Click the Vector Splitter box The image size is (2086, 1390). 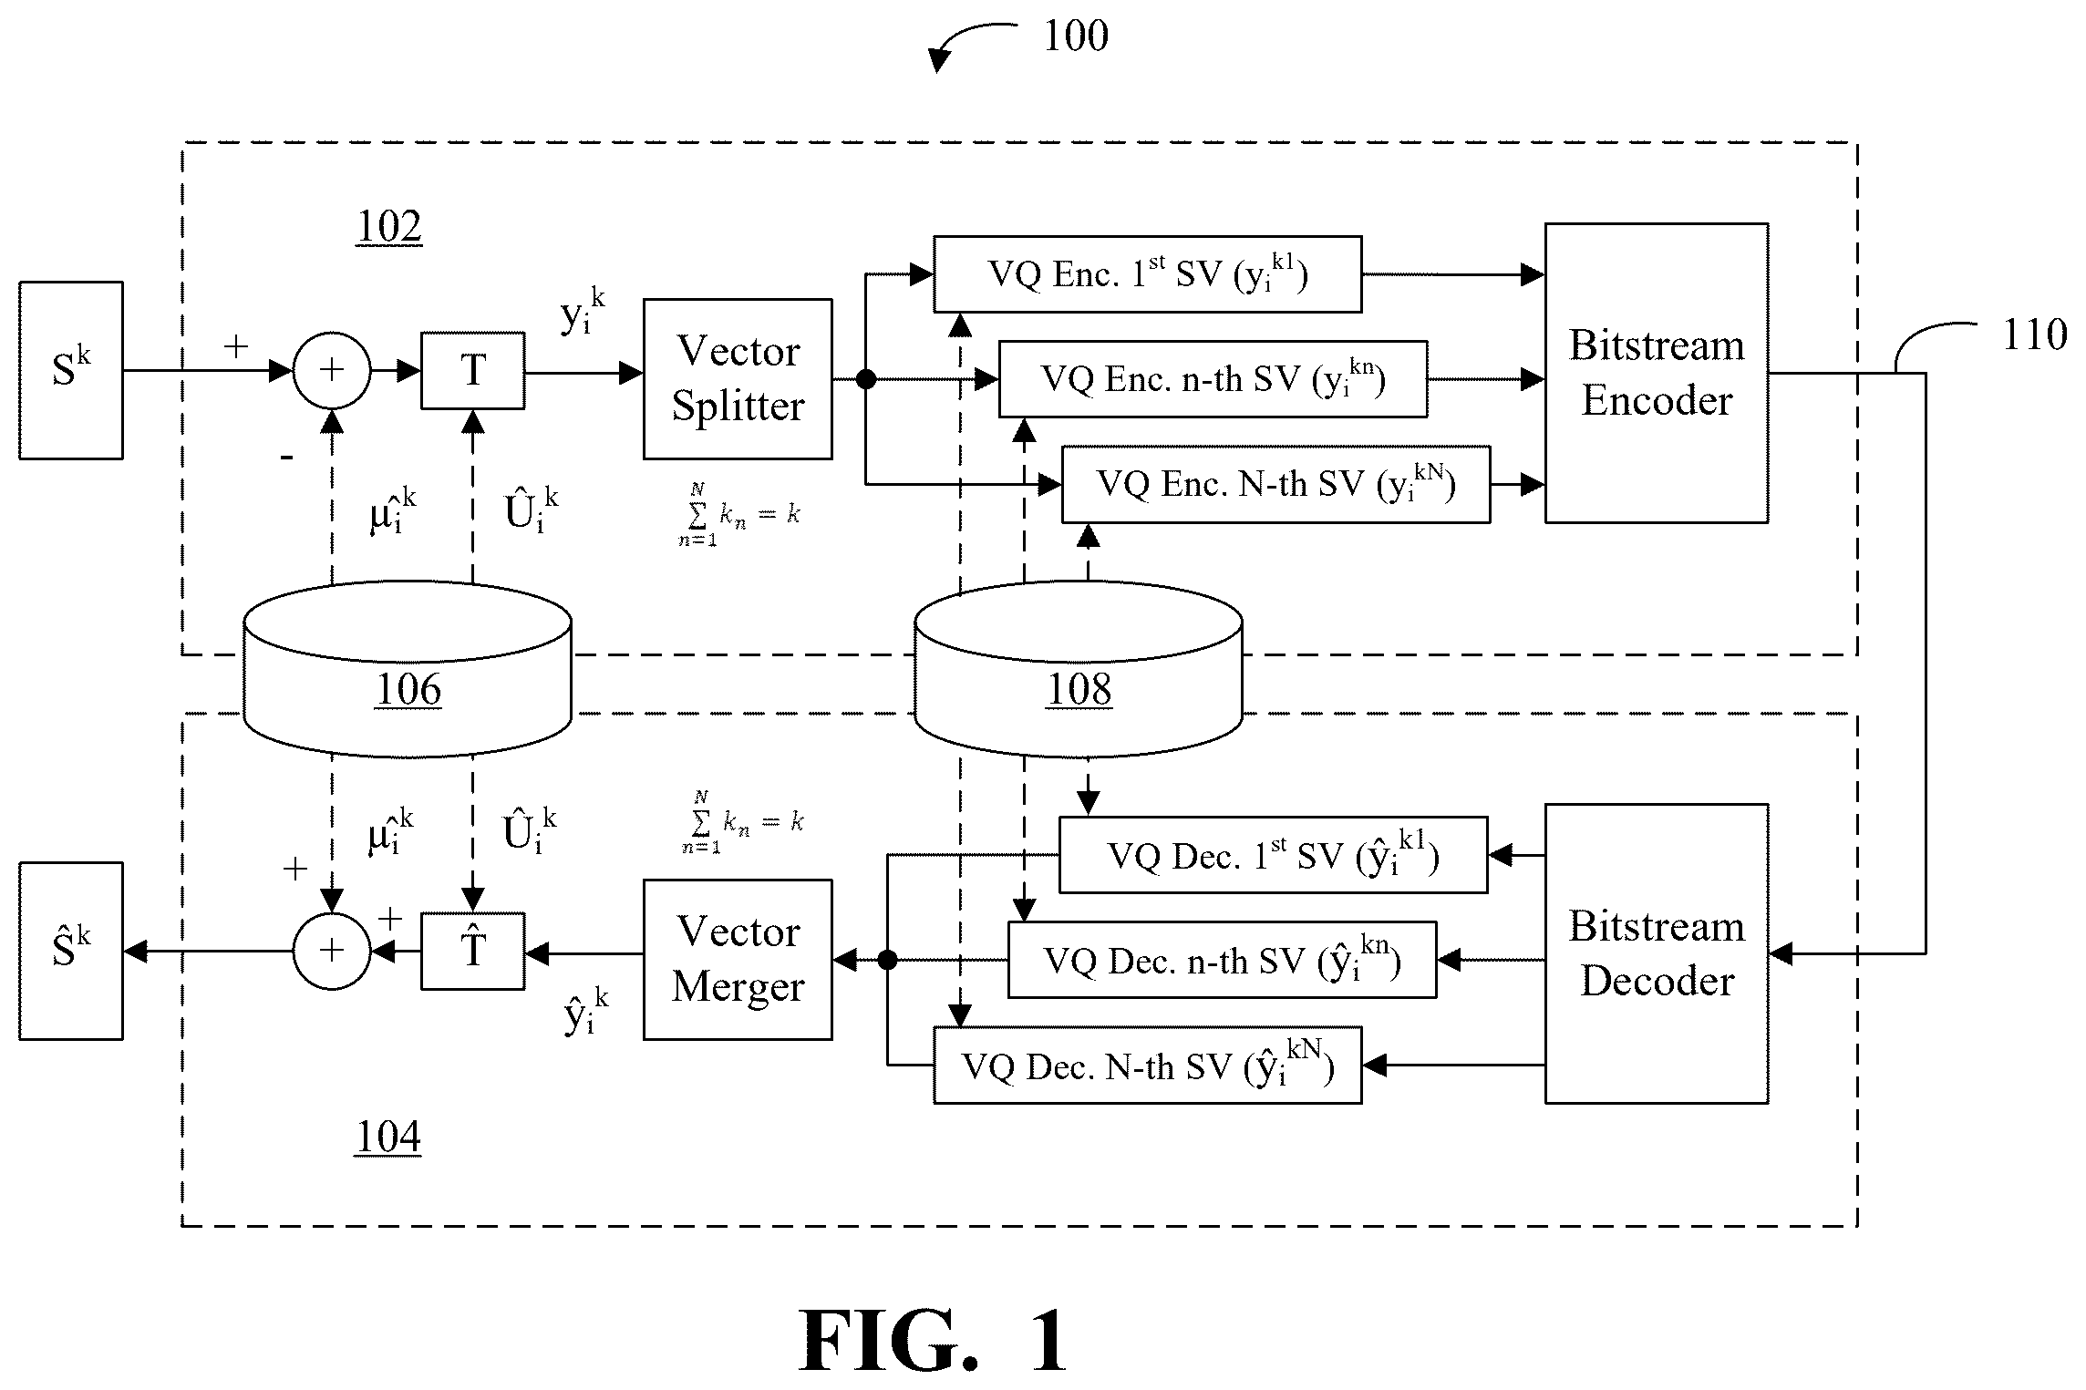738,379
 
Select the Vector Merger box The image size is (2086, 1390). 738,960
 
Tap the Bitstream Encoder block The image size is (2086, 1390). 1657,373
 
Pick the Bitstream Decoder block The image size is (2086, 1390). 1657,953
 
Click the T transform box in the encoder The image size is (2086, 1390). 472,370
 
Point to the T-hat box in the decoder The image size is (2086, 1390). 472,951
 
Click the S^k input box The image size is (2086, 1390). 71,370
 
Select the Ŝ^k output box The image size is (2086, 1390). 71,951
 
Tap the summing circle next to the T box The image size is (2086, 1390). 332,370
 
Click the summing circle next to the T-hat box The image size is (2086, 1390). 332,951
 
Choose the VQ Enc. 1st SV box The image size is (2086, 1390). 1148,274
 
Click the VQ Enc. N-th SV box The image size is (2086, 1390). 1276,484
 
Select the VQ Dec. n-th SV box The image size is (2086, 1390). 1222,960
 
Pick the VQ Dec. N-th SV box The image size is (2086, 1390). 1148,1066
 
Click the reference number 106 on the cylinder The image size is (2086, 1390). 408,690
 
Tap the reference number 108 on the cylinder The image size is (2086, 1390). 1079,690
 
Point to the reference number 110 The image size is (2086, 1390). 2034,335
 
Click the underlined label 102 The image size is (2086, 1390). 388,227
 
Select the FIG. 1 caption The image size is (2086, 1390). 932,1340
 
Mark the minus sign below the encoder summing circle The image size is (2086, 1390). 287,456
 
